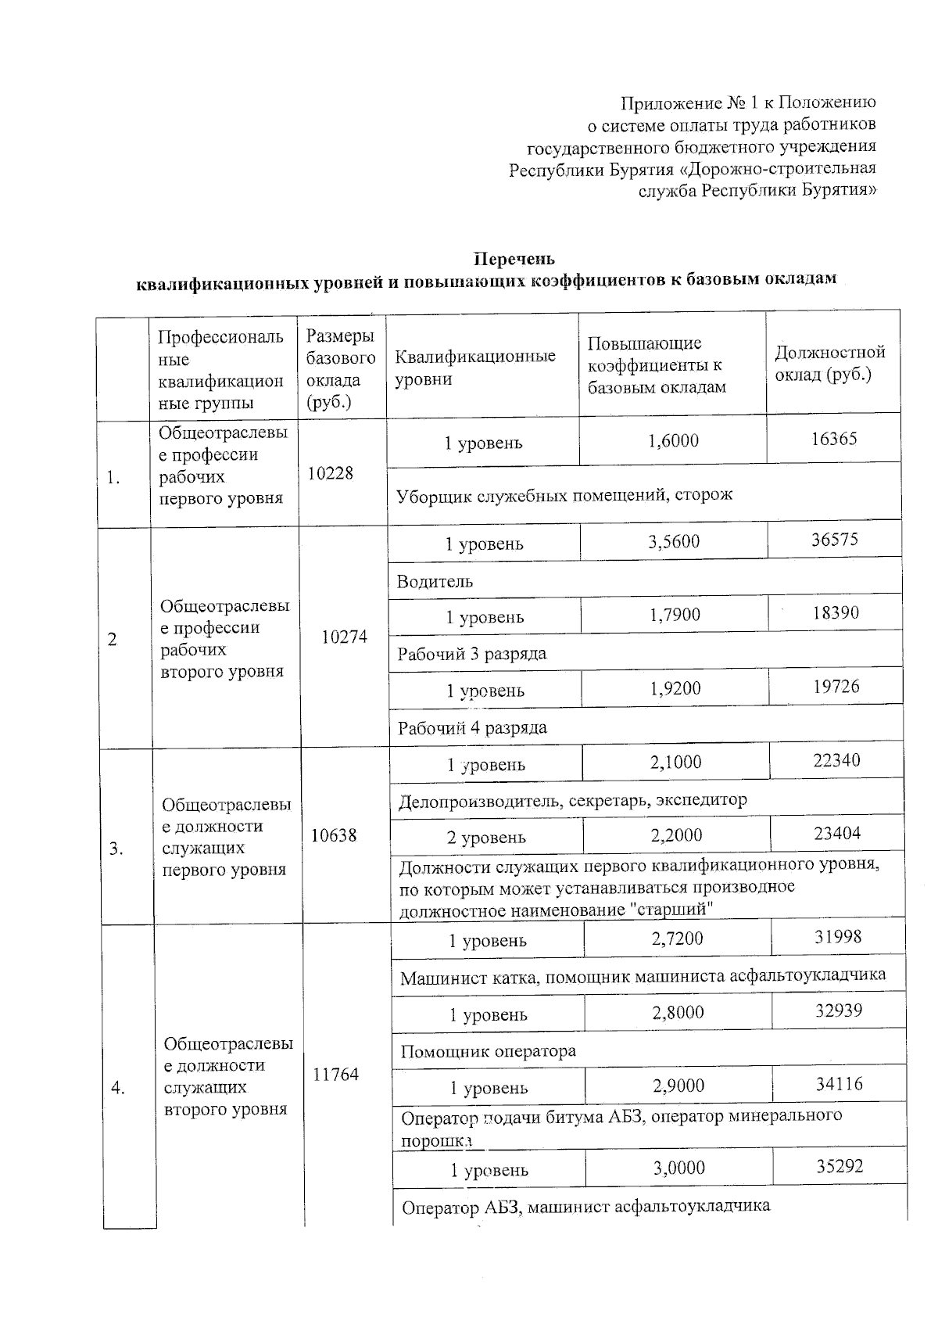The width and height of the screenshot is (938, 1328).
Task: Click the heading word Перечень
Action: (515, 258)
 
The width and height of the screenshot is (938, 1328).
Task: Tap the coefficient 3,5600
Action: (674, 541)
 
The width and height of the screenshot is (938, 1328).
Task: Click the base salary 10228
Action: (330, 473)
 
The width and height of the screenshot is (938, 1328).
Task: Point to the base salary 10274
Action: (345, 637)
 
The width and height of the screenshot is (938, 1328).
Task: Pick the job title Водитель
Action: (435, 581)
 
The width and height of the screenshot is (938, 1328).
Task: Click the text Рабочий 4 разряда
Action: (472, 728)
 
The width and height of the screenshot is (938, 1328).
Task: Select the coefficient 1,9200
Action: (675, 688)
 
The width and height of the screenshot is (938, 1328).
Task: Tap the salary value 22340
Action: (836, 760)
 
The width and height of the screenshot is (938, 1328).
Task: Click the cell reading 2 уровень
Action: (486, 838)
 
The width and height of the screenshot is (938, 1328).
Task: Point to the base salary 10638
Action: (334, 835)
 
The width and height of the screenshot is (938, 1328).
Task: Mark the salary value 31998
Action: (838, 936)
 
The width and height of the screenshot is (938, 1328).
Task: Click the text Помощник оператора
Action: (488, 1051)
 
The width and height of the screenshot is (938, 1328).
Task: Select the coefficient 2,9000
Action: (678, 1086)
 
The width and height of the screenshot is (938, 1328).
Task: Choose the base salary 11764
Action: (336, 1075)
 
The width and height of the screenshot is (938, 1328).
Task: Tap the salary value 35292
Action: (840, 1166)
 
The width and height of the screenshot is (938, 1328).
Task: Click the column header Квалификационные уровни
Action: (475, 368)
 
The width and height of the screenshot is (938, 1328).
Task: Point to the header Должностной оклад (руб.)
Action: (830, 363)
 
